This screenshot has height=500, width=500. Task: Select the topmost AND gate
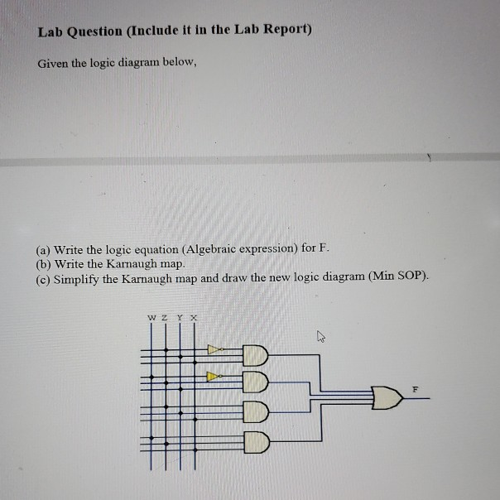(256, 357)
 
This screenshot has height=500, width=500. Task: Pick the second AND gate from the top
(256, 383)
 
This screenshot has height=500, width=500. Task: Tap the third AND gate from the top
(256, 411)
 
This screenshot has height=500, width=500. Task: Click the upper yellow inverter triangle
(214, 349)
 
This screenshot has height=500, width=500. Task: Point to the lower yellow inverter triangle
(214, 376)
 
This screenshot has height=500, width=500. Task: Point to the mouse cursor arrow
(320, 336)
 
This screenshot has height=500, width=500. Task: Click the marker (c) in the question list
(44, 277)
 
